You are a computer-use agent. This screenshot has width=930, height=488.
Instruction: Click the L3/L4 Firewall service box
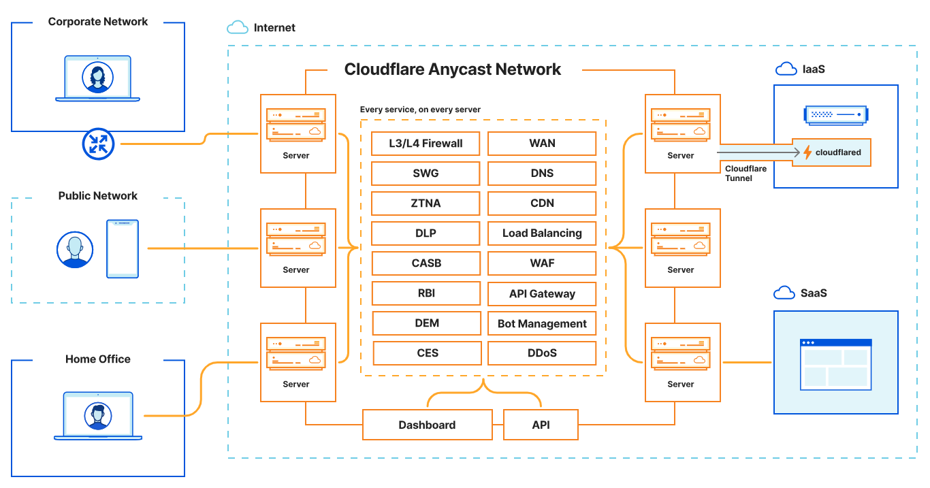tap(426, 144)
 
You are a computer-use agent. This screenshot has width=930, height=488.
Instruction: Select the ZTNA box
tap(426, 204)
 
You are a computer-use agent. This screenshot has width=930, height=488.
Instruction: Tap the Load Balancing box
tap(542, 233)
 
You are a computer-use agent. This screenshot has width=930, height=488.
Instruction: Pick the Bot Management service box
tap(542, 324)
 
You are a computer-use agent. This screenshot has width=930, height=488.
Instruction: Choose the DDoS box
tap(542, 353)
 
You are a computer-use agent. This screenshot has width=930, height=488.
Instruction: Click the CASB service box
tap(426, 263)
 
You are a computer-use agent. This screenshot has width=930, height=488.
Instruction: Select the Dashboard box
tap(427, 425)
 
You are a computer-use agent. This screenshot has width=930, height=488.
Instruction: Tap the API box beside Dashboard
tap(541, 425)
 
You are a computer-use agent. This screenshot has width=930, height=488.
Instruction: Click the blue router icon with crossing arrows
tap(99, 144)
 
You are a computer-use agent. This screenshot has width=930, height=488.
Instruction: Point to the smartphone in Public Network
tap(123, 248)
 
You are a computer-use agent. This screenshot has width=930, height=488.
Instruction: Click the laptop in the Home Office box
tap(98, 416)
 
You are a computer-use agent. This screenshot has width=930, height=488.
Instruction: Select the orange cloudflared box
tap(831, 152)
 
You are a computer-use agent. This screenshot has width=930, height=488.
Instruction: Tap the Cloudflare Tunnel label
tap(745, 174)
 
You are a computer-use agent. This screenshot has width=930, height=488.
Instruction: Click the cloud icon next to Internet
tap(237, 28)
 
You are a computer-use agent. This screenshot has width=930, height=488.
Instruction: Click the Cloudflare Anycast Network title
tap(453, 69)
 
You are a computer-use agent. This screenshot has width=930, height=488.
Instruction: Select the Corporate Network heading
tap(98, 22)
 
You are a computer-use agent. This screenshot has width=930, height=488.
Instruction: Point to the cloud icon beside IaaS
tap(786, 69)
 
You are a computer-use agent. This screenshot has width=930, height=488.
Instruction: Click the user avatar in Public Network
tap(74, 250)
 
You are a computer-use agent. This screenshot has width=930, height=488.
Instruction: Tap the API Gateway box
tap(542, 294)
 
